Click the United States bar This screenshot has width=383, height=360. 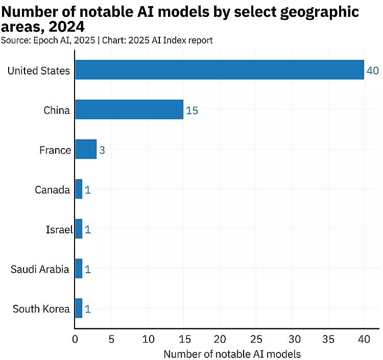pos(220,69)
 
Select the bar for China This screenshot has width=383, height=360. pos(129,109)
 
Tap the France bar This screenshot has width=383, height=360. pos(86,149)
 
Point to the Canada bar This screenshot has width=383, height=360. pos(79,189)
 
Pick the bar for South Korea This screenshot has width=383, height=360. pos(79,308)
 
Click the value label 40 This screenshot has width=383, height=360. pos(372,70)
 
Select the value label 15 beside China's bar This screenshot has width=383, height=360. pos(192,110)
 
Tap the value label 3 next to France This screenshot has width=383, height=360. pos(102,150)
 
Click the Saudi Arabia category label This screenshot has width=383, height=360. pos(40,269)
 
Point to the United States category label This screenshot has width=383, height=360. pos(39,70)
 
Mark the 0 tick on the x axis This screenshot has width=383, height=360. pos(75,339)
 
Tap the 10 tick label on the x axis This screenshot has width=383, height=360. pos(147,339)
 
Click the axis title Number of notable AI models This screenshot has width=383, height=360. pos(232,353)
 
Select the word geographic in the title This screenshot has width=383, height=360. pos(315,12)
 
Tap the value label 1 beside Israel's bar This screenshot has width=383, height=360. pos(88,230)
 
